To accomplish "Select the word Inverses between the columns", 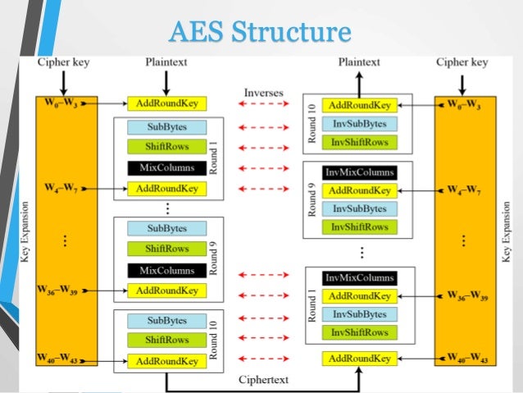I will [263, 93].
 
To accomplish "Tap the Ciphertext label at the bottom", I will [263, 379].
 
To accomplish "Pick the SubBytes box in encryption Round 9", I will [167, 228].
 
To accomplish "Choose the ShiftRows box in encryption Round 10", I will [167, 340].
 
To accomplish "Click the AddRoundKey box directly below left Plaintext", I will [167, 104].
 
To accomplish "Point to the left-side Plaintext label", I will [166, 62].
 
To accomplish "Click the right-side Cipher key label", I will [463, 62].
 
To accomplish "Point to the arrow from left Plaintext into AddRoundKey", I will [166, 82].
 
